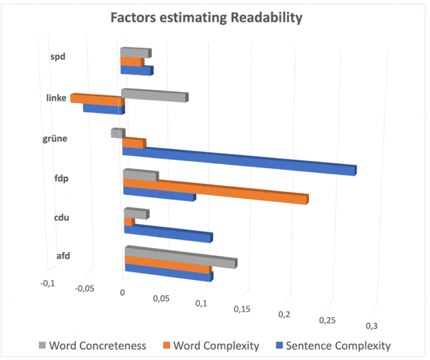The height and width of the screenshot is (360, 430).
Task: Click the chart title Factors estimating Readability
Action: coord(207,18)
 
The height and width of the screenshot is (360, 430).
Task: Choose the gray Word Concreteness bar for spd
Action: coord(135,52)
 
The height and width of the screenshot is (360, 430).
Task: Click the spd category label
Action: coord(58,57)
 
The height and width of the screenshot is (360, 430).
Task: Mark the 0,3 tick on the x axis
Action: coord(371,325)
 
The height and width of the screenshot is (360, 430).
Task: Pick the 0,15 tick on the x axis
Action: coord(243,309)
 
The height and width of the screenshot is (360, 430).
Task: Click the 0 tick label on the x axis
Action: coord(122,293)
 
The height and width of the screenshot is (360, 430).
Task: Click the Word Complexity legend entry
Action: coord(211,346)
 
